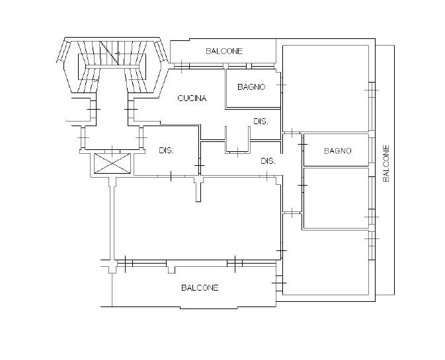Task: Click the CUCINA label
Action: (x=192, y=98)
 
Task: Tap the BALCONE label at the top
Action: (x=224, y=52)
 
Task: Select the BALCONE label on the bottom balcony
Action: (x=200, y=288)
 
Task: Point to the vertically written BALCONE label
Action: (x=386, y=163)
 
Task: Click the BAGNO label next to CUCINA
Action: (x=251, y=87)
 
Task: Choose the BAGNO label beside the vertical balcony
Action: (x=338, y=151)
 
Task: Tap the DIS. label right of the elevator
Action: (x=166, y=151)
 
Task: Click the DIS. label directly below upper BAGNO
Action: (x=261, y=122)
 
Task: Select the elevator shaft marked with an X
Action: (x=112, y=163)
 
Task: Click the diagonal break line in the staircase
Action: (x=108, y=52)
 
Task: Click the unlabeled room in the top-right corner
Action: (x=325, y=89)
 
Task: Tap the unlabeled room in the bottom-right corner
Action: (x=325, y=262)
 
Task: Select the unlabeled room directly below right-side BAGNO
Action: (x=336, y=198)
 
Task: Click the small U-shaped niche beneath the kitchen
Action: (x=237, y=140)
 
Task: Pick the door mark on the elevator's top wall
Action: (x=112, y=151)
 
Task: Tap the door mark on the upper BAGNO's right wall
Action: (x=281, y=85)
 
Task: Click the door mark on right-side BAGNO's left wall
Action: (x=303, y=145)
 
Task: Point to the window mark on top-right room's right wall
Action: (x=372, y=90)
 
